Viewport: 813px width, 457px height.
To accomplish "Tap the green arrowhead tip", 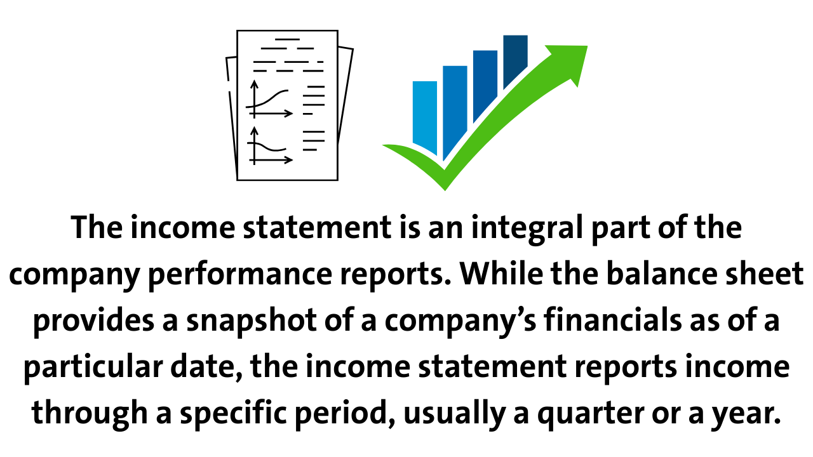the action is pyautogui.click(x=587, y=46).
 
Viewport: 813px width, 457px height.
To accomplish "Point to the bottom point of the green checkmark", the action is pyautogui.click(x=445, y=190).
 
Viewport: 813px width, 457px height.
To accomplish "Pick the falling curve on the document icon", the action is pyautogui.click(x=267, y=147).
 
